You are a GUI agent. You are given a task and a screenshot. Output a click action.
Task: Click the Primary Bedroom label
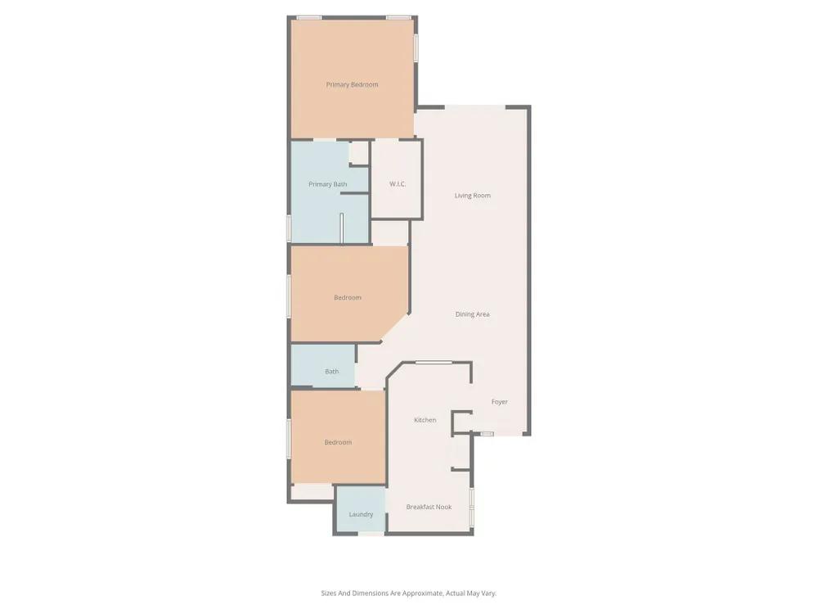[x=352, y=84]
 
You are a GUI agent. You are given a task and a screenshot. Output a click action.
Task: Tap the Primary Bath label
[x=328, y=184]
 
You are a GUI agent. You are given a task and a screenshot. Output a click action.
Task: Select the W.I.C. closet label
[x=398, y=184]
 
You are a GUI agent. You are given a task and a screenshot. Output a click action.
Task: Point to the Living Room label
[x=473, y=196]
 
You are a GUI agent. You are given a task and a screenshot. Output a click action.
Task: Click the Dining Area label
[x=473, y=314]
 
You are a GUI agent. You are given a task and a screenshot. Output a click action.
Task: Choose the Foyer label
[x=500, y=402]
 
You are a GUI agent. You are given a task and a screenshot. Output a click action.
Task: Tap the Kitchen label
[x=425, y=420]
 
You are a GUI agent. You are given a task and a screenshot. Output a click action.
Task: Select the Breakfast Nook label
[x=429, y=507]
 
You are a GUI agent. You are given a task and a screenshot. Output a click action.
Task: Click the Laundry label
[x=361, y=515]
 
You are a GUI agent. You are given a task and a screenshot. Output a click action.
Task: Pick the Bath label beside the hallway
[x=332, y=372]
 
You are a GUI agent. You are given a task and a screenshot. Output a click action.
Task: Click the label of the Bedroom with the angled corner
[x=348, y=298]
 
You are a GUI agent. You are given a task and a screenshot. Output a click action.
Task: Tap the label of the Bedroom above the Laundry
[x=338, y=443]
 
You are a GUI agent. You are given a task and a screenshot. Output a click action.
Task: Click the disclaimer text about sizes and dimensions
[x=408, y=593]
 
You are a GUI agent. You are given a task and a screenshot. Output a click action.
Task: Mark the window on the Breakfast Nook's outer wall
[x=472, y=506]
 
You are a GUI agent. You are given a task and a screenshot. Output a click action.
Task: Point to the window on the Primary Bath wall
[x=289, y=228]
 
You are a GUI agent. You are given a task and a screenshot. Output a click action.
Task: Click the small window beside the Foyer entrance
[x=488, y=434]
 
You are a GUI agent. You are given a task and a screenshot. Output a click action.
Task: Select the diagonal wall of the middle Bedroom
[x=394, y=328]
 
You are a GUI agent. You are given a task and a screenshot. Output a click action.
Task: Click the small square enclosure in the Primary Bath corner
[x=359, y=153]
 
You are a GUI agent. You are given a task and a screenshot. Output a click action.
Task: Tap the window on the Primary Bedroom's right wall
[x=416, y=48]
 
